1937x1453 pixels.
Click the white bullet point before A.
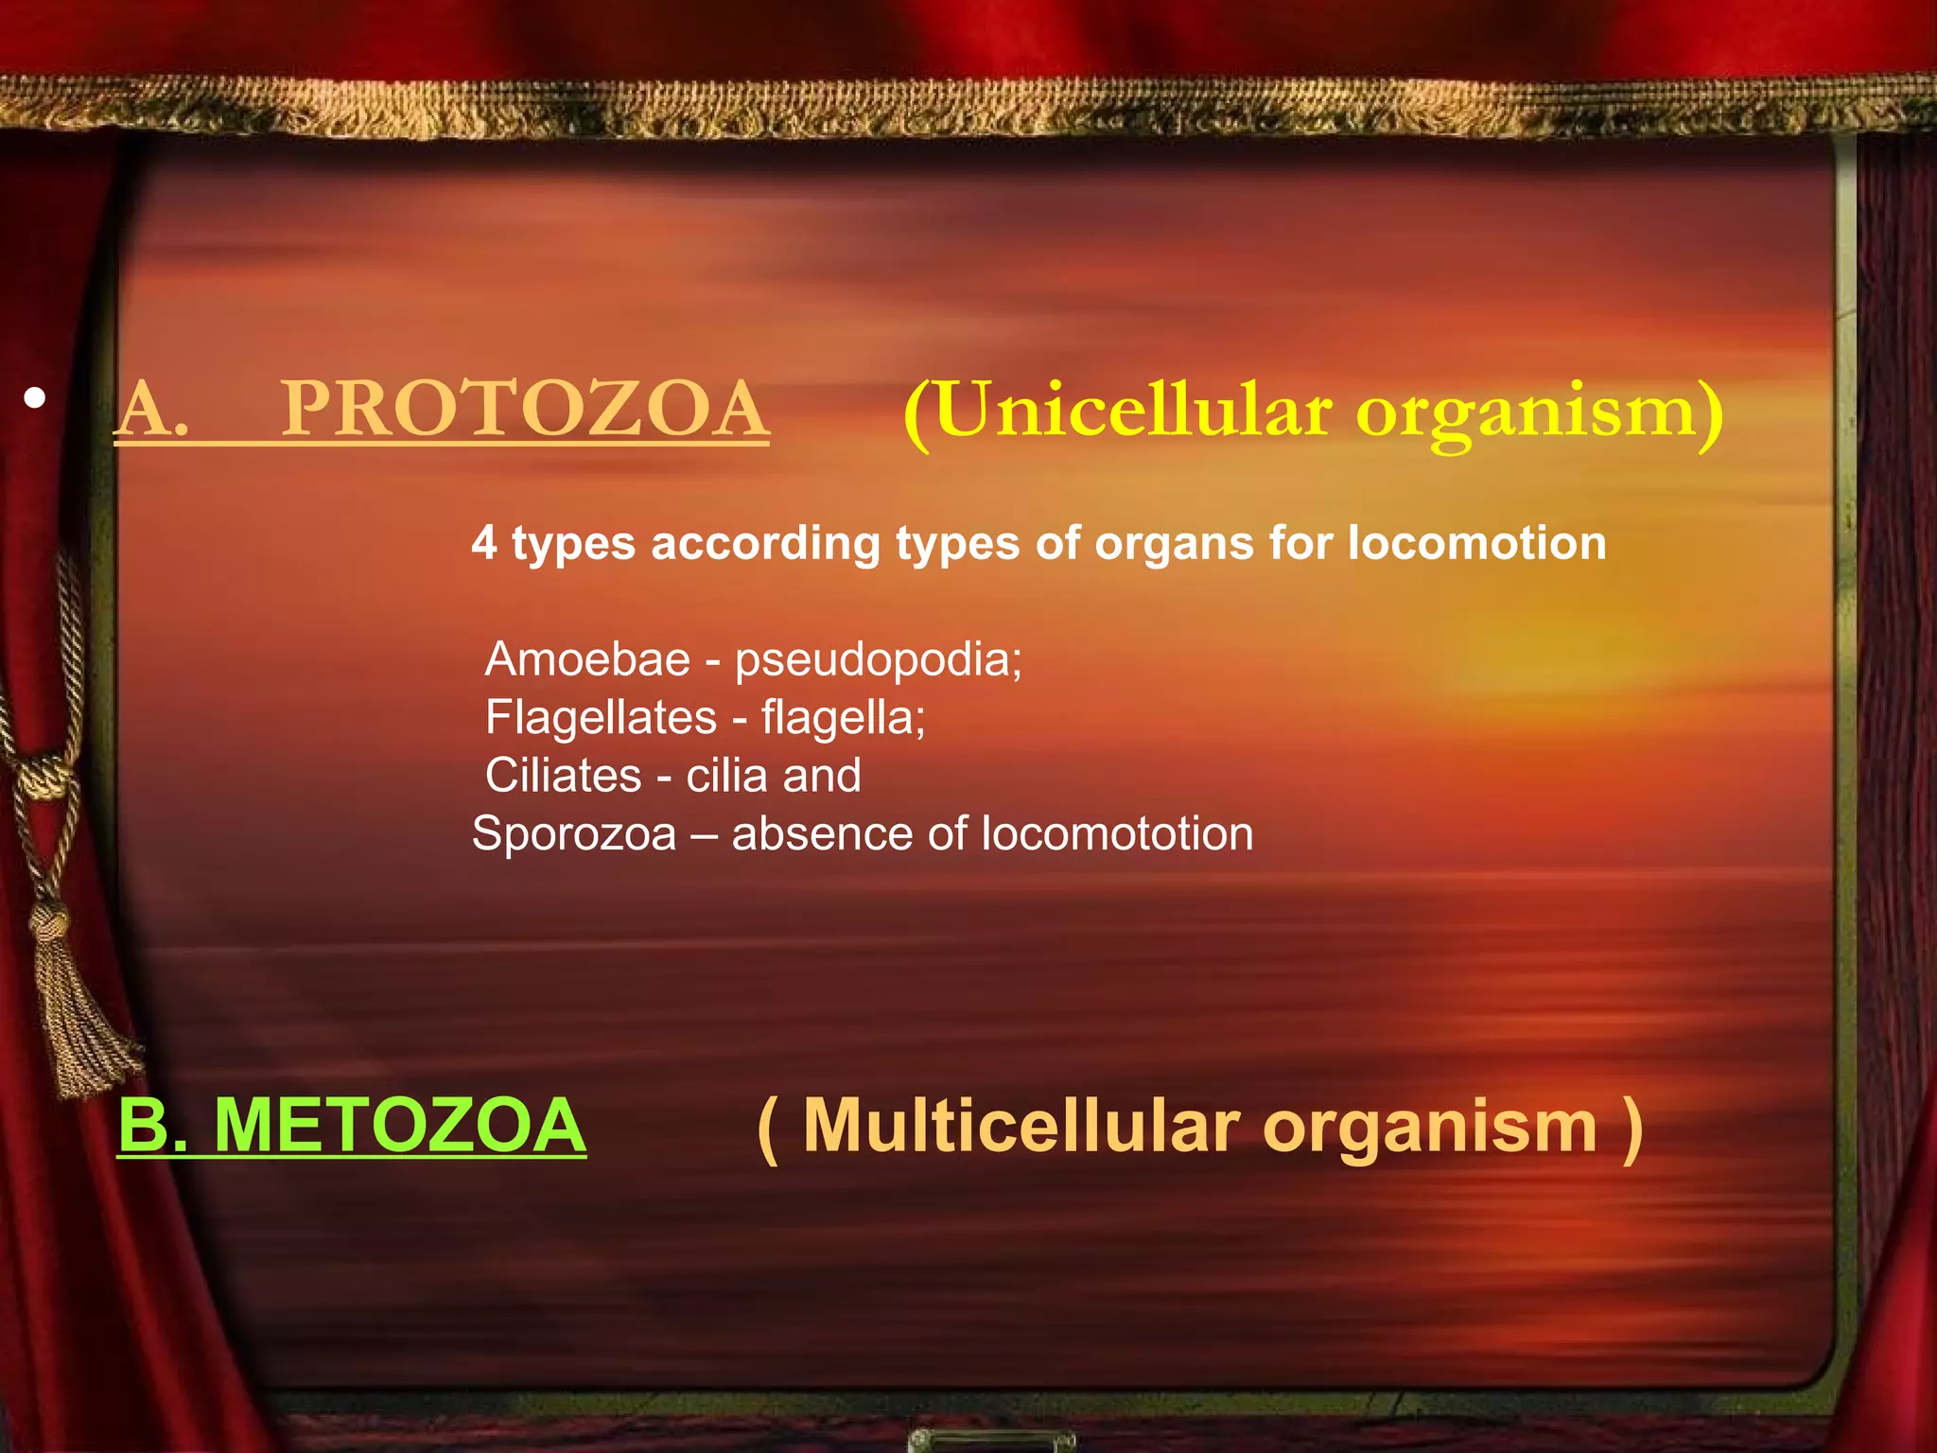(35, 398)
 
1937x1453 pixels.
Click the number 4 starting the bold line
(483, 544)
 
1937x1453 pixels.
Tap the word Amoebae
(587, 659)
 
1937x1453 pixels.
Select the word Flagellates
(601, 718)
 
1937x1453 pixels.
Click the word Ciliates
(564, 776)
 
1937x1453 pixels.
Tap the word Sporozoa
(574, 834)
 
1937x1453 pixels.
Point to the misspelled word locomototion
(1117, 834)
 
